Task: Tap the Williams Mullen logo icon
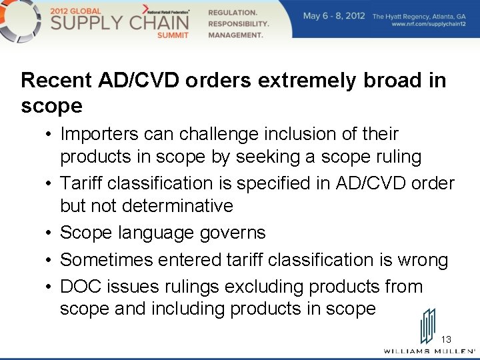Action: [x=427, y=326]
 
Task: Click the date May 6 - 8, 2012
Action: [x=334, y=16]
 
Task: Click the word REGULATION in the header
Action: [x=233, y=13]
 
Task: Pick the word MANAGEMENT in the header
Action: [x=236, y=35]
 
